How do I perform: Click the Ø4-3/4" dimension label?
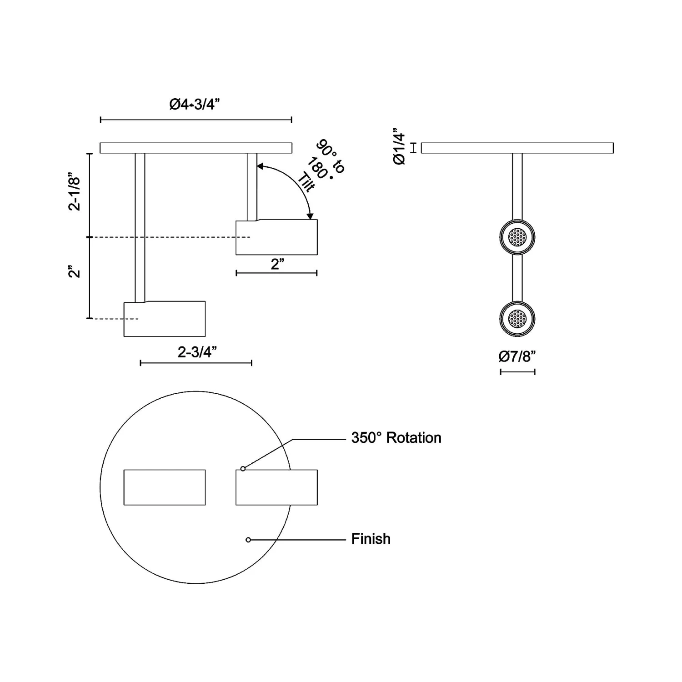[x=195, y=105]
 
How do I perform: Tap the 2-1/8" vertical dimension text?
[x=75, y=191]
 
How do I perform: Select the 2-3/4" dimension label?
[x=197, y=351]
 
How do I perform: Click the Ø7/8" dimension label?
[x=517, y=356]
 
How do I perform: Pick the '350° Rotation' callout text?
[x=396, y=438]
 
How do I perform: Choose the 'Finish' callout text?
[x=371, y=539]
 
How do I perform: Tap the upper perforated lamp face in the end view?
[x=517, y=237]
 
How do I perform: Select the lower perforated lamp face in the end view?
[x=517, y=319]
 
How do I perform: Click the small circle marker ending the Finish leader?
[x=248, y=540]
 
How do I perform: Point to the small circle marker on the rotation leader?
[x=243, y=468]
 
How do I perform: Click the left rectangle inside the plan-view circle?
[x=165, y=487]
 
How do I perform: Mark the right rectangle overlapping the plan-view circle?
[x=276, y=487]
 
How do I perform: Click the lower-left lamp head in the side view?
[x=165, y=319]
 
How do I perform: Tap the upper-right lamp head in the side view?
[x=276, y=237]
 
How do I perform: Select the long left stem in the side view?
[x=140, y=227]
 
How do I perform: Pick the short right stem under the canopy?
[x=252, y=186]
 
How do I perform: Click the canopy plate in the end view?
[x=517, y=148]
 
